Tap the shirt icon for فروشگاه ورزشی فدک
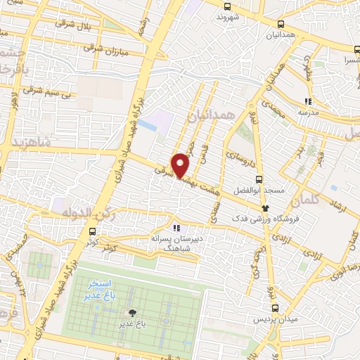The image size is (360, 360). (265, 207)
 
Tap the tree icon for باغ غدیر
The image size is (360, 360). (131, 312)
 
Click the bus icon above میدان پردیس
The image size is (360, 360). (275, 307)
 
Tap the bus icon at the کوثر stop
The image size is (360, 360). (92, 231)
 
